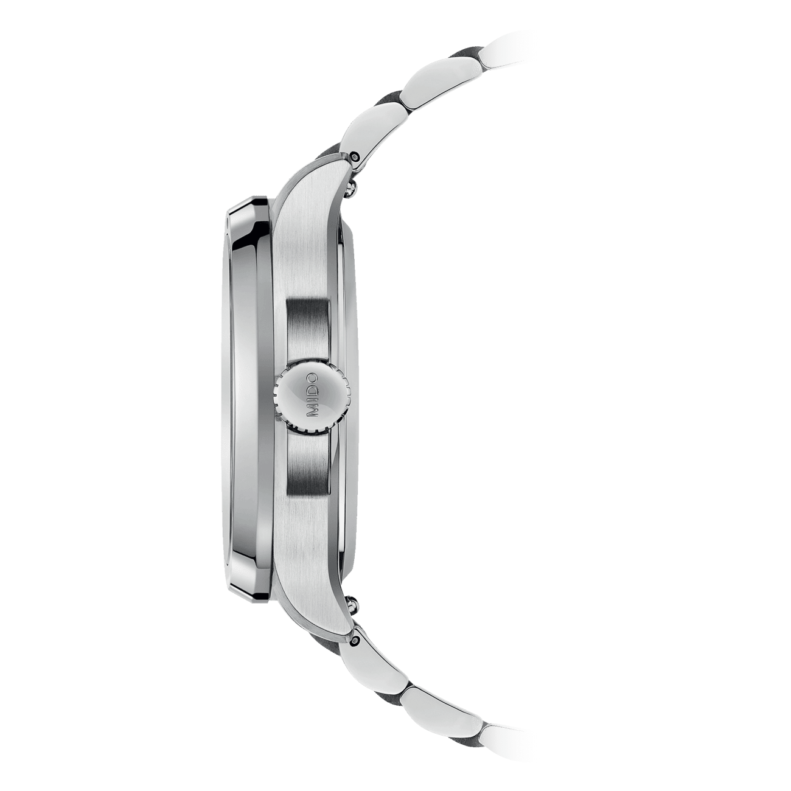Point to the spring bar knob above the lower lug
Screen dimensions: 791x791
coord(351,601)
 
